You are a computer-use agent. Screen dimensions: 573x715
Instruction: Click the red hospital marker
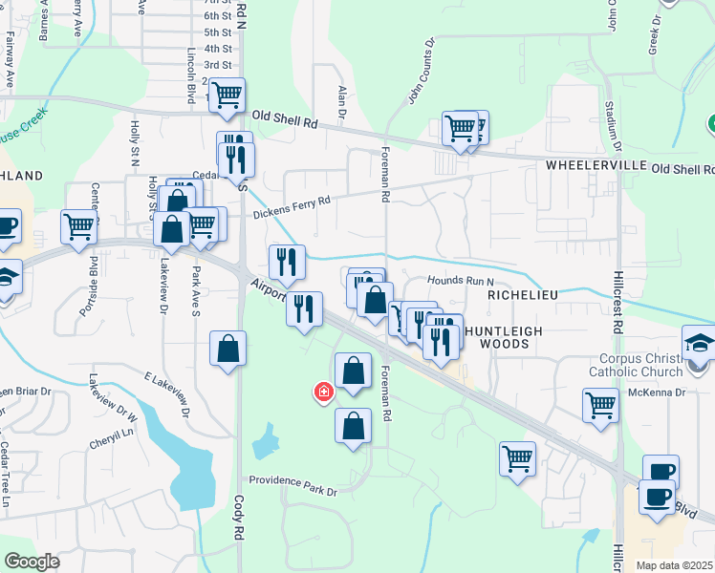pos(324,392)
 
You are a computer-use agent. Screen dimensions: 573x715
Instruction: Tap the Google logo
pos(32,562)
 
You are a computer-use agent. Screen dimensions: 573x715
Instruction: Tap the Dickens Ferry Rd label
pos(292,206)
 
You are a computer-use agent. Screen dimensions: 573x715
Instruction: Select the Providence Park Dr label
pos(293,492)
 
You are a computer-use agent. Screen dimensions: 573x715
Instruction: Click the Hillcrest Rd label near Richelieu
pos(618,306)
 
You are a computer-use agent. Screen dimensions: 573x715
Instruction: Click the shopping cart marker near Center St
pos(78,227)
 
